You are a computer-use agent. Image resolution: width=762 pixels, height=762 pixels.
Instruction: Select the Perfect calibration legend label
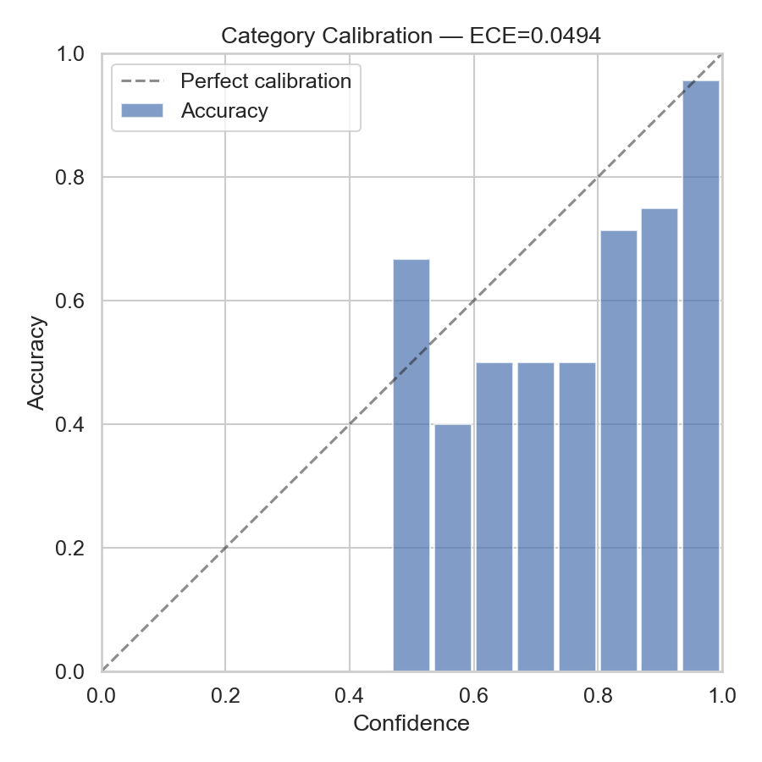[x=266, y=81]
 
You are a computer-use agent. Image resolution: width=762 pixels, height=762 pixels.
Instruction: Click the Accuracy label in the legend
[x=224, y=111]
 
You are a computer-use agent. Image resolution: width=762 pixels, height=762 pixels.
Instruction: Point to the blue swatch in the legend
[x=141, y=111]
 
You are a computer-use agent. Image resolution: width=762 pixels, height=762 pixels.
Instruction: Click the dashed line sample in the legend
[x=141, y=81]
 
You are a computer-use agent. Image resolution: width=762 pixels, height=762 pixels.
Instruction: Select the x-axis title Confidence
[x=411, y=724]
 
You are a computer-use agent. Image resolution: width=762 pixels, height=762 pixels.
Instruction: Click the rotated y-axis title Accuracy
[x=36, y=362]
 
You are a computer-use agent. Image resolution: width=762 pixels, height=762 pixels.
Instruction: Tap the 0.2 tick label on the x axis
[x=225, y=696]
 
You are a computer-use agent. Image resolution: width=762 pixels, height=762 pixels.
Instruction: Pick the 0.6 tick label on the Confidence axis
[x=473, y=696]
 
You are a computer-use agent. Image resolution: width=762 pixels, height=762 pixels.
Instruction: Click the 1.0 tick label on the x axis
[x=721, y=696]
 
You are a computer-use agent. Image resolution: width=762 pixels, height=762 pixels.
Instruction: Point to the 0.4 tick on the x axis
[x=350, y=696]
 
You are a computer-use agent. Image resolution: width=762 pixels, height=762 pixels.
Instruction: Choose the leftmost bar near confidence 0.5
[x=411, y=466]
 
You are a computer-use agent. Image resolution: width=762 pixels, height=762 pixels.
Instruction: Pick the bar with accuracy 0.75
[x=659, y=440]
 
